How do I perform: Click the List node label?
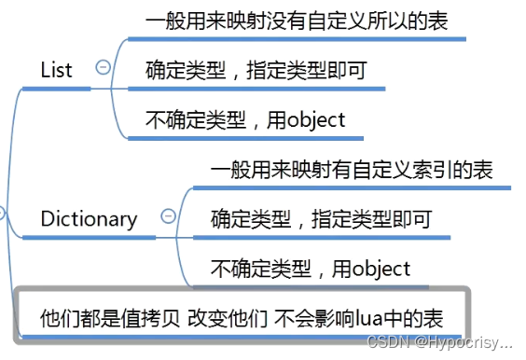(x=56, y=70)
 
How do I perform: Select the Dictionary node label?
(x=89, y=219)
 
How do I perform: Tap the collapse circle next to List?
(x=104, y=67)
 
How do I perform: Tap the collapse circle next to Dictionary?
(x=168, y=216)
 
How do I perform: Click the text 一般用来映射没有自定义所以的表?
(x=298, y=21)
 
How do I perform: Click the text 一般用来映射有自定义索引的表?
(x=352, y=171)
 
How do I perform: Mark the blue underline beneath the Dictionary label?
(x=89, y=239)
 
